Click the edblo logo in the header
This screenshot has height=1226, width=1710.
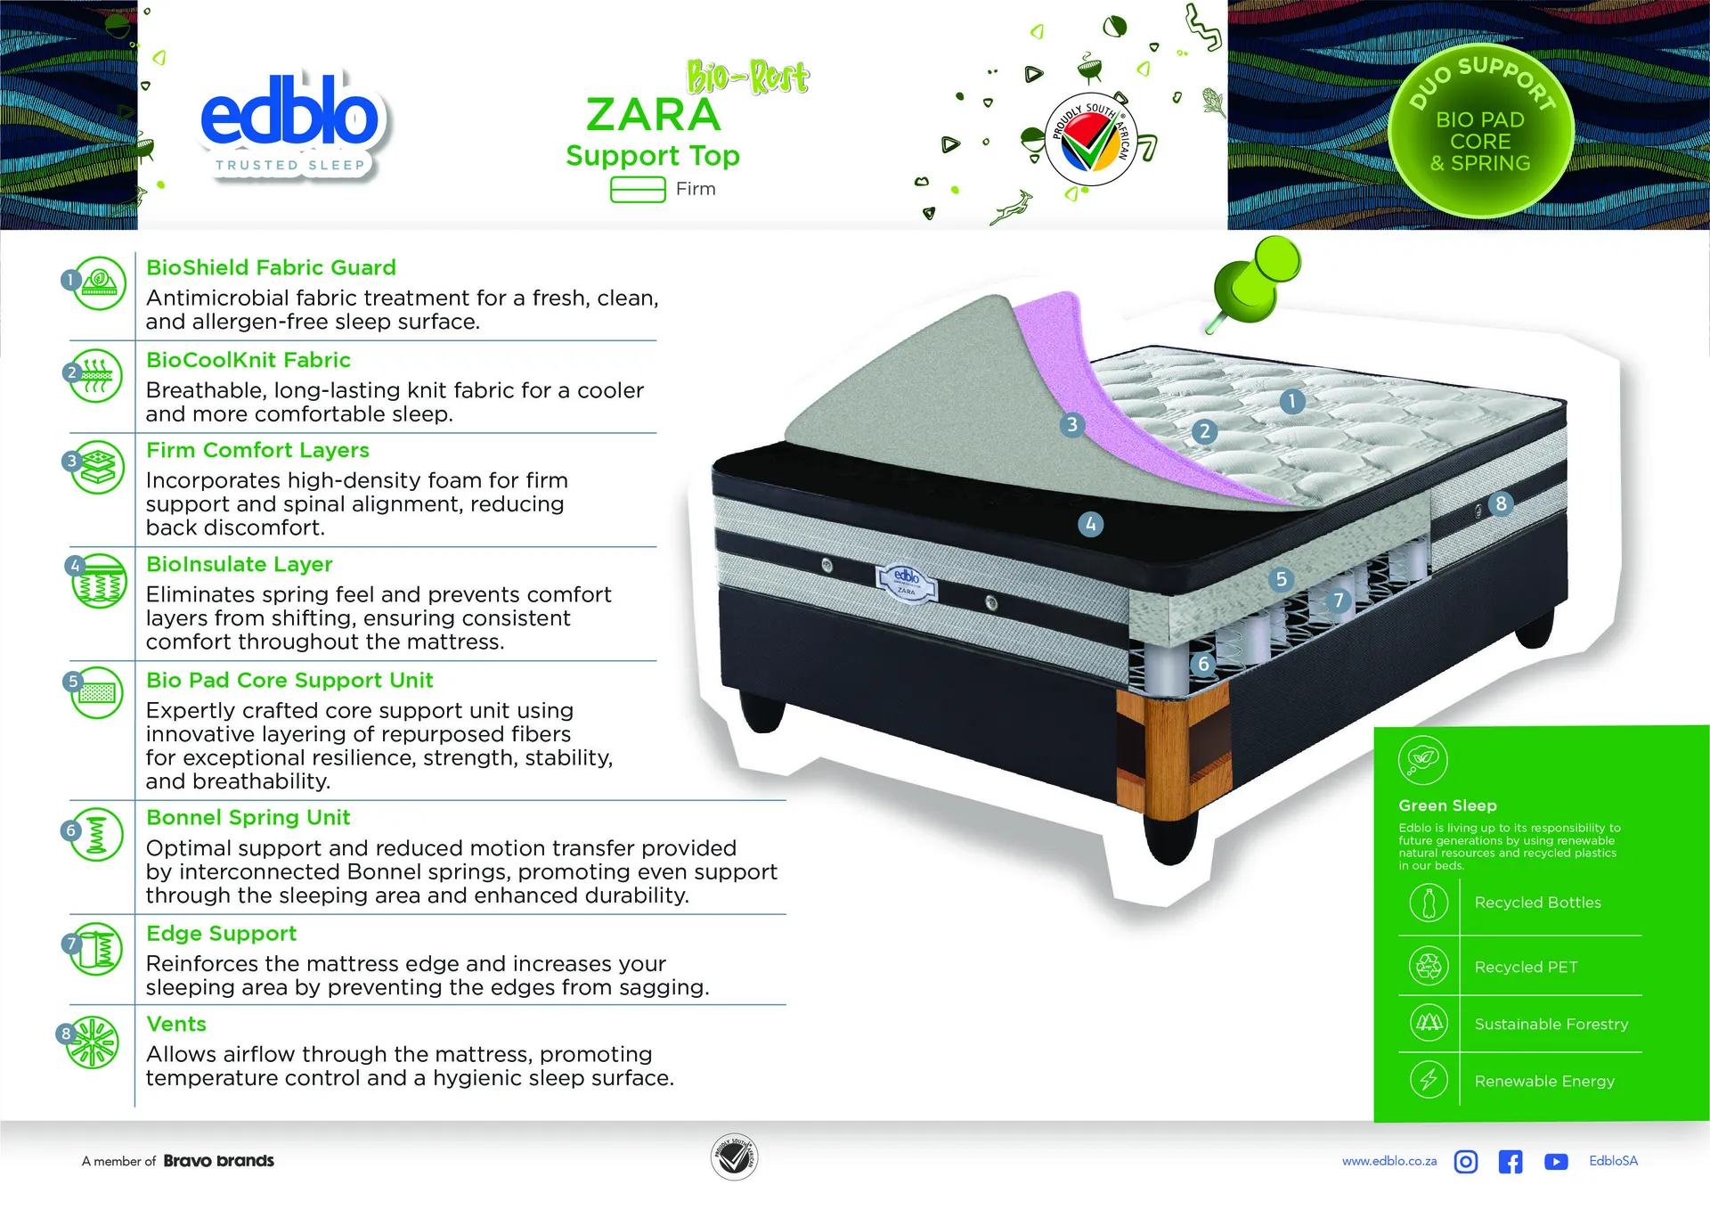tap(290, 126)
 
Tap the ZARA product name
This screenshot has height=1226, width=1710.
tap(653, 115)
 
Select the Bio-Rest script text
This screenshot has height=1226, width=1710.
tap(747, 78)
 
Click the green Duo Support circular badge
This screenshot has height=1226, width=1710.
tap(1480, 131)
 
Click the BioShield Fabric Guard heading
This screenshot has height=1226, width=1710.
tap(271, 267)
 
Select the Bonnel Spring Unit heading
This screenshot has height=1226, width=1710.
tap(248, 817)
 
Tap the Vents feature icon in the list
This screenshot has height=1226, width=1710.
tap(93, 1042)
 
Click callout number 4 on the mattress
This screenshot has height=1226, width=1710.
tap(1090, 524)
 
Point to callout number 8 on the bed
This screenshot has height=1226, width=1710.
tap(1501, 503)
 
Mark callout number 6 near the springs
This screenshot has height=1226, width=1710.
tap(1203, 664)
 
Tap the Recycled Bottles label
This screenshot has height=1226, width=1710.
tap(1537, 903)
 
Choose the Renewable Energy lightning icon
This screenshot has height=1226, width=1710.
tap(1429, 1079)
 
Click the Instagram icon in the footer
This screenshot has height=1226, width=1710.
tap(1466, 1161)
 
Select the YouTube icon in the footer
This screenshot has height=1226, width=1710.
tap(1556, 1162)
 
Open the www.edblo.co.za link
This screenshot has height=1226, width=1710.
tap(1389, 1161)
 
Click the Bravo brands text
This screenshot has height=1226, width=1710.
tap(219, 1161)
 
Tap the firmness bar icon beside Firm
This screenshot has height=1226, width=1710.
tap(638, 190)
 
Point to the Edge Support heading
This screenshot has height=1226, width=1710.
tap(221, 933)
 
